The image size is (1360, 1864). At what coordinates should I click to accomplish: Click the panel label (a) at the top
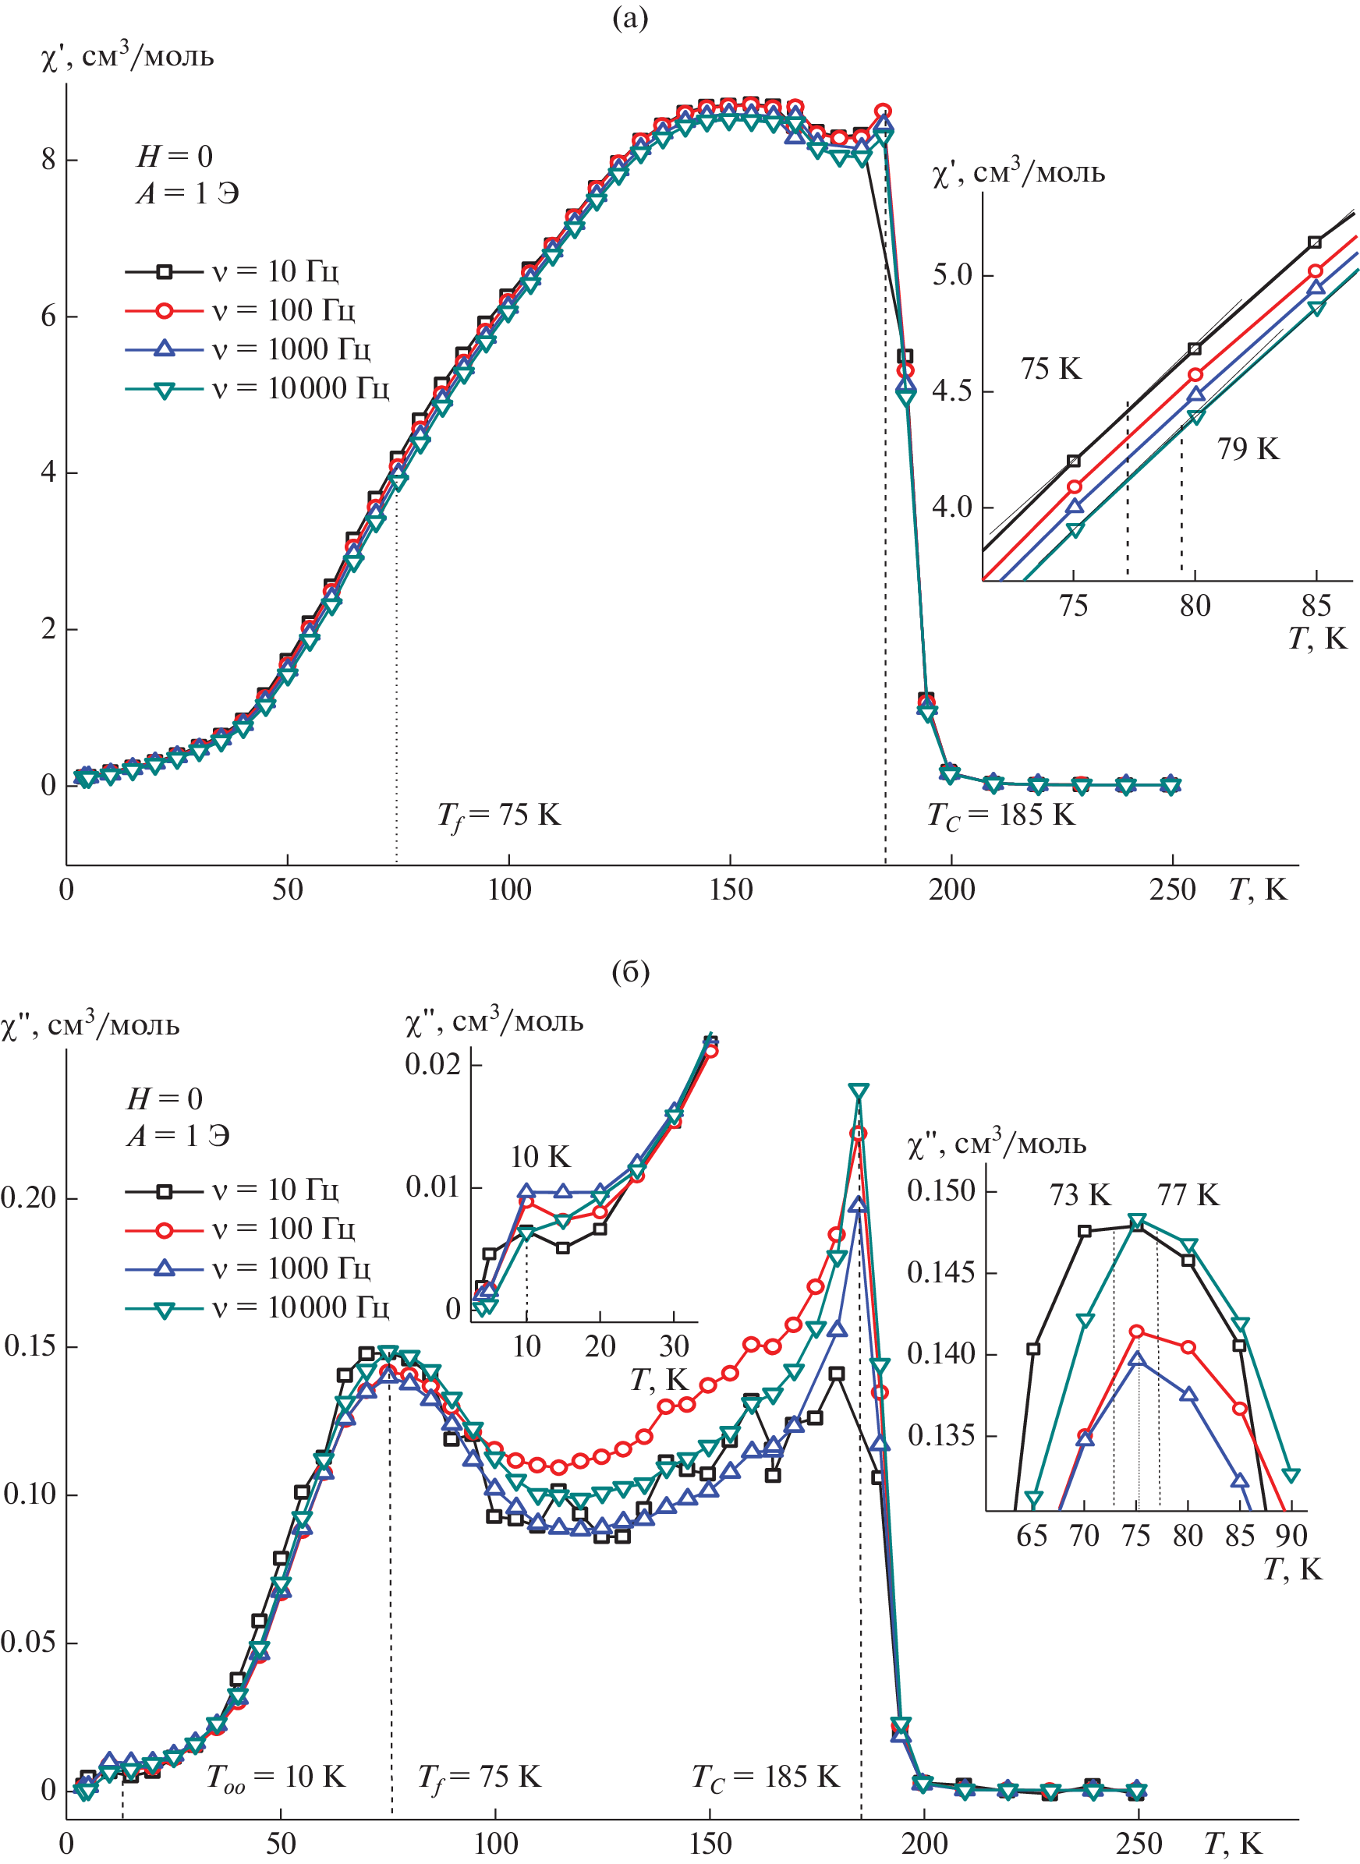630,18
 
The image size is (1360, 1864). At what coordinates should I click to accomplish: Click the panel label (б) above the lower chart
630,972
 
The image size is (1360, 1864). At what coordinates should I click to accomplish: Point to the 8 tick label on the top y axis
48,159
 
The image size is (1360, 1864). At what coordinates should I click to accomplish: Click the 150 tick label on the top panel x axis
730,890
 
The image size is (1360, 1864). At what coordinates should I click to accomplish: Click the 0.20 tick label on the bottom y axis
28,1198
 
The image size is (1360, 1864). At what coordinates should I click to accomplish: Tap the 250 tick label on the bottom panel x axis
1139,1844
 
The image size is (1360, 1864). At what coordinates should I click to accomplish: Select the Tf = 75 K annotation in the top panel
498,815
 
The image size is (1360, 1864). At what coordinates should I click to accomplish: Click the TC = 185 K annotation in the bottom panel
765,1777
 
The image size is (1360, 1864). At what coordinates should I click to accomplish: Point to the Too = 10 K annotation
275,1777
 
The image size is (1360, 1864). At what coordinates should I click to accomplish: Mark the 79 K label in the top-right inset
1248,449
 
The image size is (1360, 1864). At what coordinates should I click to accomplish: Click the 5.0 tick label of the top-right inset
951,275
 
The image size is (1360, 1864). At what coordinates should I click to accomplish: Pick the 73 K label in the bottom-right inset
1079,1195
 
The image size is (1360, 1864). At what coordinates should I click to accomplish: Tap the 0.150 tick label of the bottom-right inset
941,1190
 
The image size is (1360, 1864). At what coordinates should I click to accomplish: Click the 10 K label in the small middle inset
540,1157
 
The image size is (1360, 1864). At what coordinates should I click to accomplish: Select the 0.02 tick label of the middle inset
432,1064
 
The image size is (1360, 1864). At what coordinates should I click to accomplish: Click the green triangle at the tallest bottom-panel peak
859,1092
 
